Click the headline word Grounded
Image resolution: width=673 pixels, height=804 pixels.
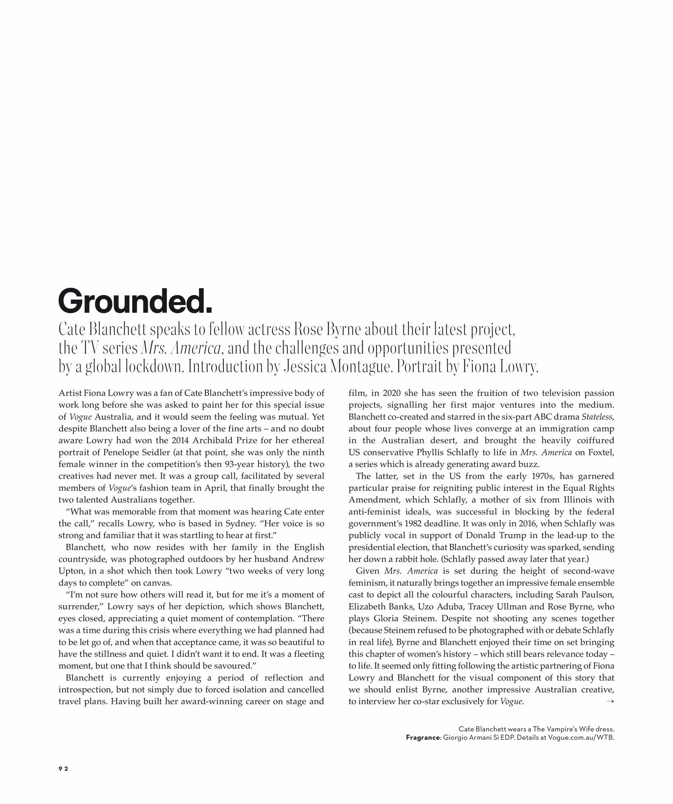point(135,301)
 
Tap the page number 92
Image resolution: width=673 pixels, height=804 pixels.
point(63,768)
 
